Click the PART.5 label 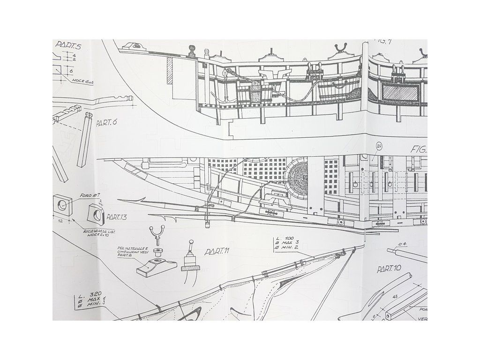point(69,45)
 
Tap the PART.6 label point(106,123)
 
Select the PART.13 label point(117,217)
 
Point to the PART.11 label point(216,252)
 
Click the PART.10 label point(389,270)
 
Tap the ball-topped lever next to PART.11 point(191,248)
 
